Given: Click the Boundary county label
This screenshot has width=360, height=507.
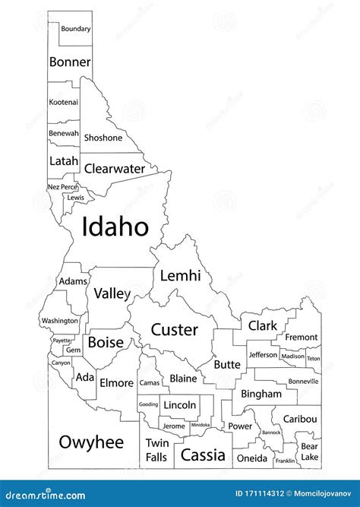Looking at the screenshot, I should [75, 29].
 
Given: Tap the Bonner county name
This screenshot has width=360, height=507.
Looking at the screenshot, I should [70, 62].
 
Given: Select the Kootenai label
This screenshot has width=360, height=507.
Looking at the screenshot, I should [63, 102].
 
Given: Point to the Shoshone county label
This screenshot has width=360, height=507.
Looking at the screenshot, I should [103, 138].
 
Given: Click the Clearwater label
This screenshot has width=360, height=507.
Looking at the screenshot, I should [115, 169].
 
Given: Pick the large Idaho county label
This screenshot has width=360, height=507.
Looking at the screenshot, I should [115, 226].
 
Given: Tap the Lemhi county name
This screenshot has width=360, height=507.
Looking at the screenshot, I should [180, 276].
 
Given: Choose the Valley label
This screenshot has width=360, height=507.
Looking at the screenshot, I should [112, 293].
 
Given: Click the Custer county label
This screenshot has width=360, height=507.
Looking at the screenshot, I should [174, 331].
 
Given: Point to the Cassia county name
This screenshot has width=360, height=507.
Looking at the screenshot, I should [203, 455].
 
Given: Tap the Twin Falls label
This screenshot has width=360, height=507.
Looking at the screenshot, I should [157, 449].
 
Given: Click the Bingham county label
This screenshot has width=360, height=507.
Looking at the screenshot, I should [261, 394].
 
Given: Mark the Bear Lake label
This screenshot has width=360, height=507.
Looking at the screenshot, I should [309, 452].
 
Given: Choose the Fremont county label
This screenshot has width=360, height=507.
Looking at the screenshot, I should [302, 337].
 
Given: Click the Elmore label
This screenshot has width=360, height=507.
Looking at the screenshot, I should [116, 383].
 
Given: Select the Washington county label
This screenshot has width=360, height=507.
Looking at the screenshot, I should [59, 321].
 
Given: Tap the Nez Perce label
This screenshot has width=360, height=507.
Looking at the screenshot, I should [63, 186].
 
